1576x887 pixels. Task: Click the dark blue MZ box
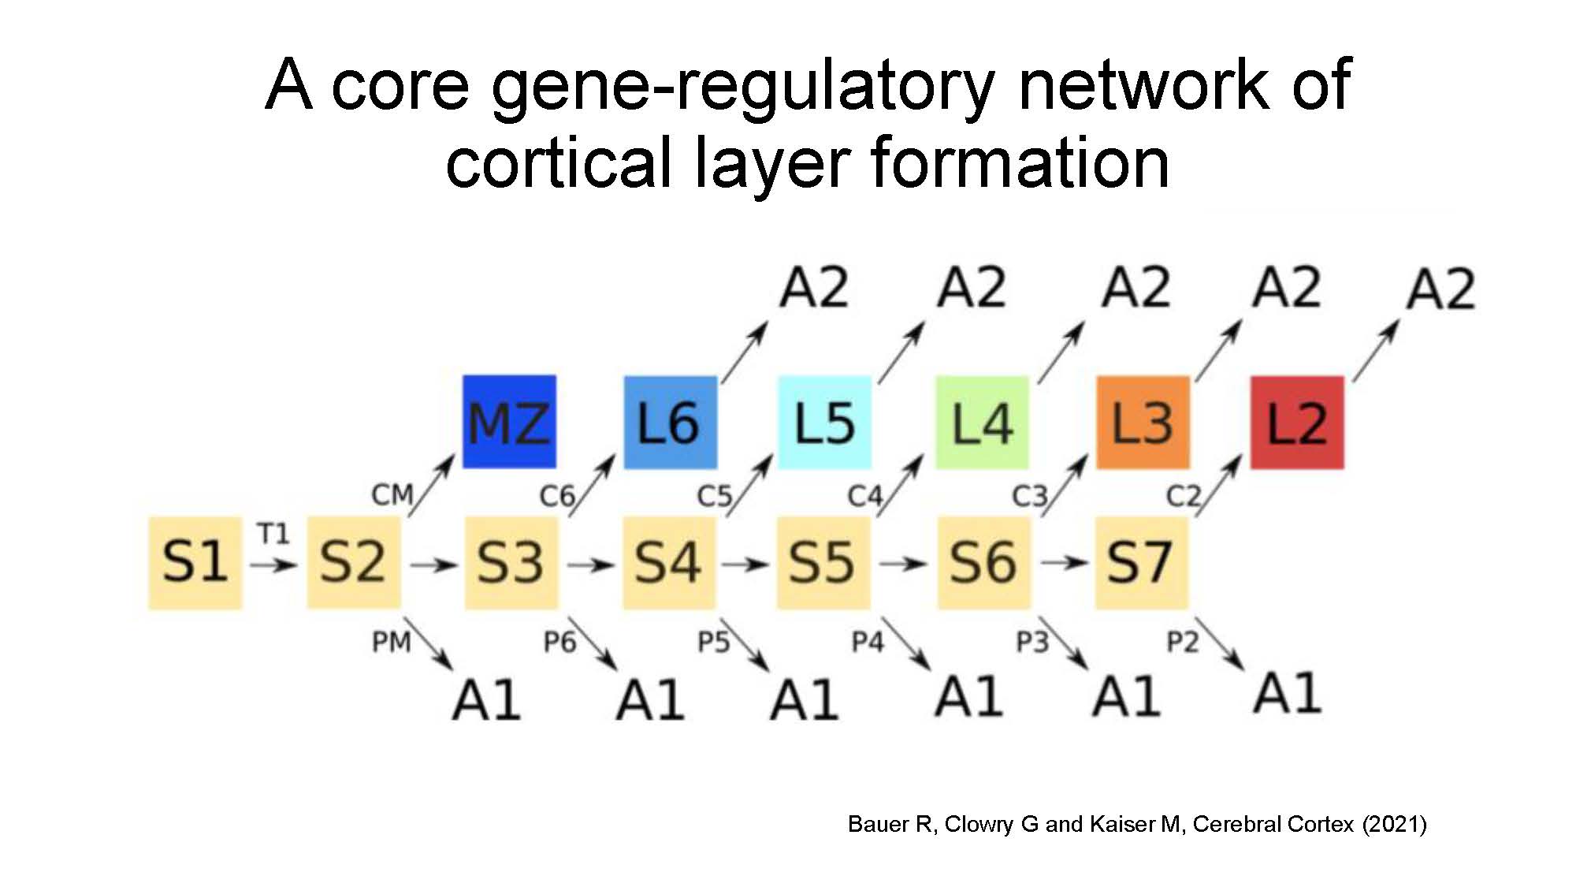[x=509, y=422]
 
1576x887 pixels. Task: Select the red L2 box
[x=1297, y=423]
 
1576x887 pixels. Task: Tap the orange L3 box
[x=1143, y=423]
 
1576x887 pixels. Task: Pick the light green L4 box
[x=982, y=423]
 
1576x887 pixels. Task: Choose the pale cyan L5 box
[x=824, y=423]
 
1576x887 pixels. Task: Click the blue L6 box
[x=671, y=423]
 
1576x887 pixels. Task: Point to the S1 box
[x=195, y=563]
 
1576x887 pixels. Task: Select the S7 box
[x=1141, y=563]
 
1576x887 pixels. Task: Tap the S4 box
[x=669, y=563]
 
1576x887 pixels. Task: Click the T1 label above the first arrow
[x=273, y=534]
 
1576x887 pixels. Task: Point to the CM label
[x=392, y=495]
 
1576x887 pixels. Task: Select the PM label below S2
[x=391, y=642]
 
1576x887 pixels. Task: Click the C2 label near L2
[x=1183, y=496]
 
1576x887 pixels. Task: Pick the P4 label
[x=868, y=642]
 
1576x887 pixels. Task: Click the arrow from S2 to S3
[x=433, y=565]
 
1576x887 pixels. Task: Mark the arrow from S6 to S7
[x=1064, y=563]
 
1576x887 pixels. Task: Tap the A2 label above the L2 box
[x=1440, y=289]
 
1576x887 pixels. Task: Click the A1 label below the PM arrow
[x=486, y=699]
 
